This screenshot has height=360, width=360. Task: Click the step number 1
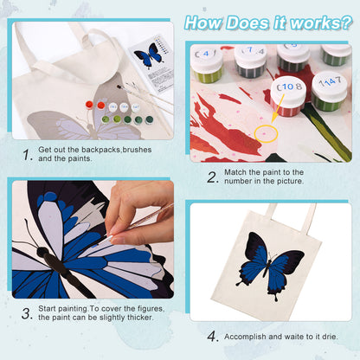pyautogui.click(x=28, y=155)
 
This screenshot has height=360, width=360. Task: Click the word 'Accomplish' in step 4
pyautogui.click(x=247, y=336)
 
